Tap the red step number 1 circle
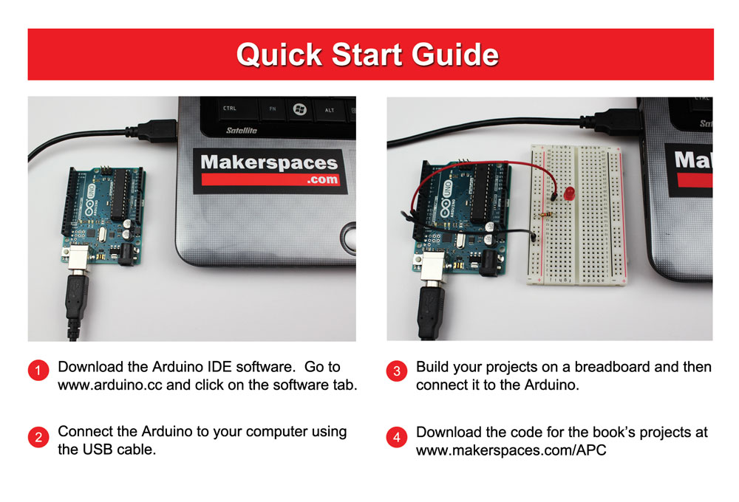(x=38, y=371)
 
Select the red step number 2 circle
(x=38, y=437)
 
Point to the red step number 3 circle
(x=397, y=371)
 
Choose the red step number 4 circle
(x=397, y=437)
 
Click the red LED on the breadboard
(x=570, y=193)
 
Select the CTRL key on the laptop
(x=230, y=109)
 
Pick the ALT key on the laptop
(x=330, y=110)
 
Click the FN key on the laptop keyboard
(x=272, y=109)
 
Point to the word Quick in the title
(x=280, y=55)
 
